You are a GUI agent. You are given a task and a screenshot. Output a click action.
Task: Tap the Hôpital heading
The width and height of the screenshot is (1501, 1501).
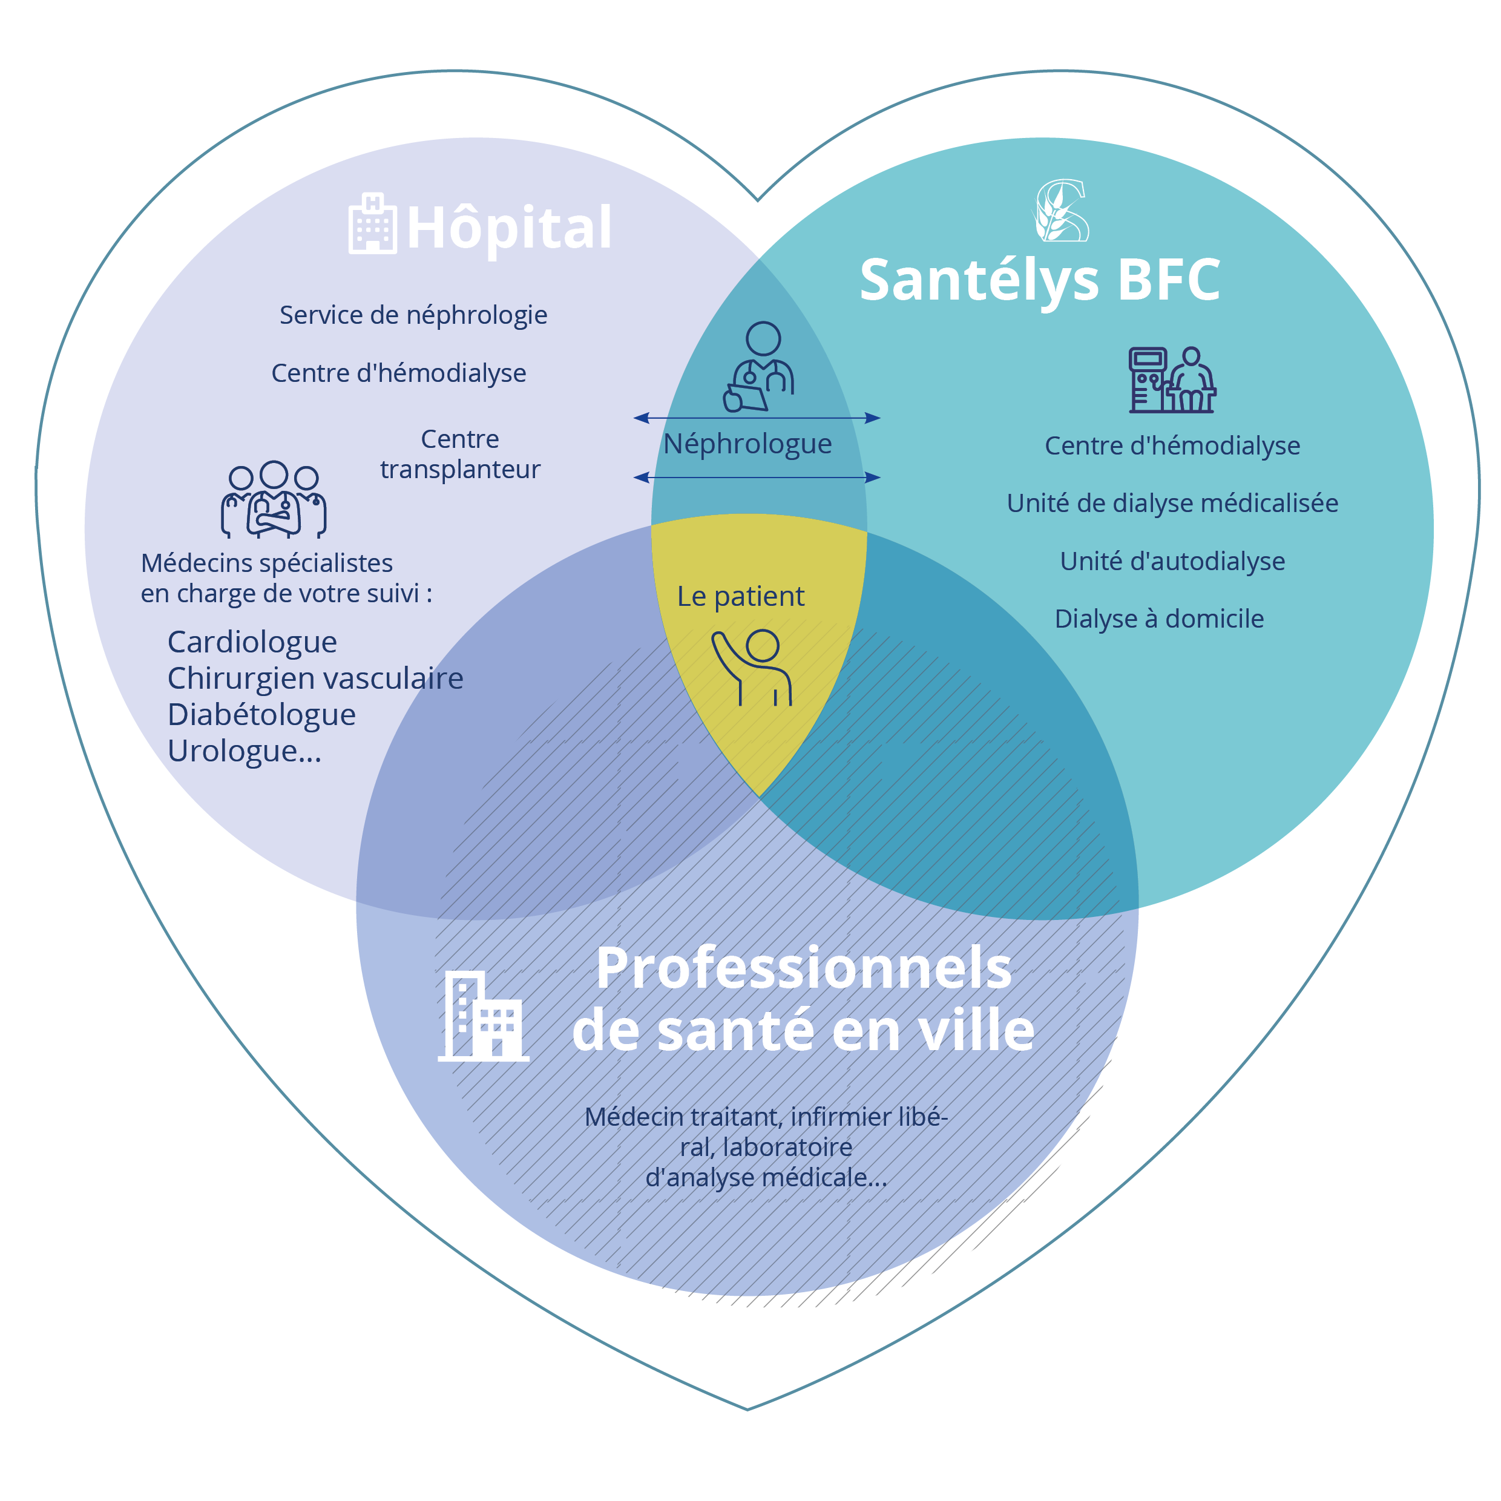point(509,228)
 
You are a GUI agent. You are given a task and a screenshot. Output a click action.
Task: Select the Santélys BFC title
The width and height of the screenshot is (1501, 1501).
point(1040,280)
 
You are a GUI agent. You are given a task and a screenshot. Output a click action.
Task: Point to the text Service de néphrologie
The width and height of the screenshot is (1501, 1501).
point(413,315)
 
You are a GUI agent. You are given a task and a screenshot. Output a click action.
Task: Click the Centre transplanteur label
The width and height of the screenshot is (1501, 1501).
point(460,454)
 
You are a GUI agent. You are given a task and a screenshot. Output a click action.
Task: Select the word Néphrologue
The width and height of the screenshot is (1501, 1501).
point(747,444)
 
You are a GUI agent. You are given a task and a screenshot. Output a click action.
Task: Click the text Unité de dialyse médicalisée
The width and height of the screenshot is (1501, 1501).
point(1172,503)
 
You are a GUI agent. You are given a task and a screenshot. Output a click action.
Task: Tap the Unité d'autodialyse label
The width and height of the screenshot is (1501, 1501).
point(1172,561)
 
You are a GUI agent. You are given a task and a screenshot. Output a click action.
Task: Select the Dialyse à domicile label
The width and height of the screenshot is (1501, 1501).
point(1159,619)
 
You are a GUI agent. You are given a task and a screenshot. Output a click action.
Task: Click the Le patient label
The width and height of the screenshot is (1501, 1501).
point(740,596)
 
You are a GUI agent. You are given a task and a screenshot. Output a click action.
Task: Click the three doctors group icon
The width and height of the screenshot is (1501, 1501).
point(274,499)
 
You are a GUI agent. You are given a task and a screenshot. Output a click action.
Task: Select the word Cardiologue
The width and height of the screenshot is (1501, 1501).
point(252,642)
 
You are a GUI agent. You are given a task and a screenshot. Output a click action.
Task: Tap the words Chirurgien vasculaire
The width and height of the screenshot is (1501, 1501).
point(315,678)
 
